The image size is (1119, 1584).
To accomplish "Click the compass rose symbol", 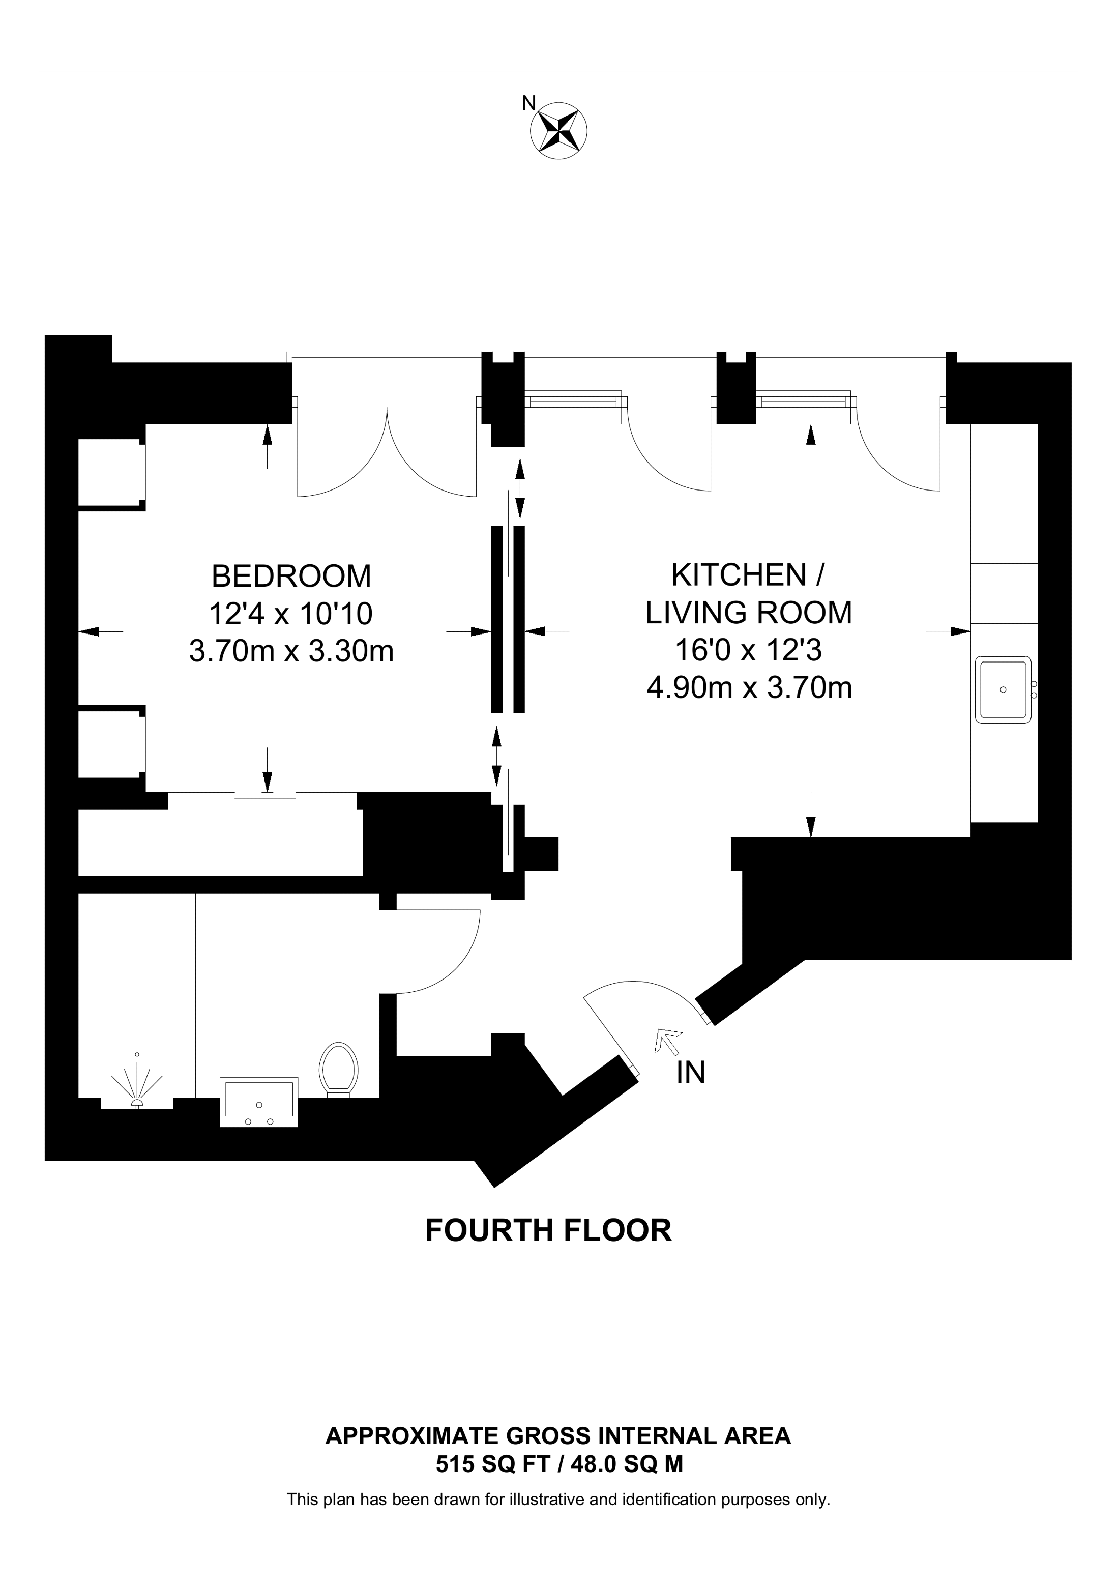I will tap(558, 131).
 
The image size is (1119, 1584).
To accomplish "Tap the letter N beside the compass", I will tap(529, 103).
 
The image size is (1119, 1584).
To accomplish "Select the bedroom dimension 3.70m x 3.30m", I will tap(291, 651).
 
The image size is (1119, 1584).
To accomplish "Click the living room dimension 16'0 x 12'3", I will tap(749, 650).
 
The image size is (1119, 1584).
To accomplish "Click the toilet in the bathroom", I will tap(339, 1068).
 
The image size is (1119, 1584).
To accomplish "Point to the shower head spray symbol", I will tap(137, 1084).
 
